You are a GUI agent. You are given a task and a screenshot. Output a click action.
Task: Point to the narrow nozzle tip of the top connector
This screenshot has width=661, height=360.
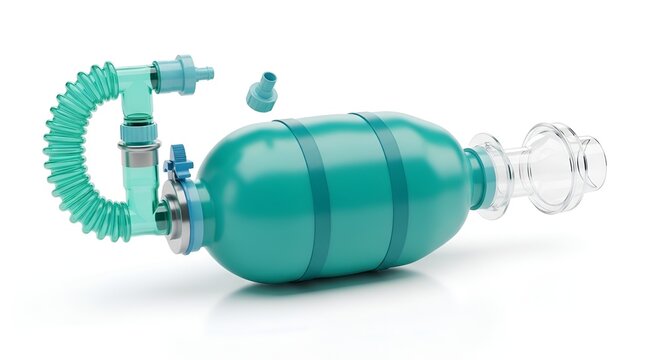pyautogui.click(x=205, y=73)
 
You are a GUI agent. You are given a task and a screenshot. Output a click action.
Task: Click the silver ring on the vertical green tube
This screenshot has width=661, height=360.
pyautogui.click(x=138, y=149)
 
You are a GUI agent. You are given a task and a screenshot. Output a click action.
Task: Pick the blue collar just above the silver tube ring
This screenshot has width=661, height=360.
pyautogui.click(x=138, y=131)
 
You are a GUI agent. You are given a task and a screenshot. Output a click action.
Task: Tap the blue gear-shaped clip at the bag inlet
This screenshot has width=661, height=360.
pyautogui.click(x=179, y=162)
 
